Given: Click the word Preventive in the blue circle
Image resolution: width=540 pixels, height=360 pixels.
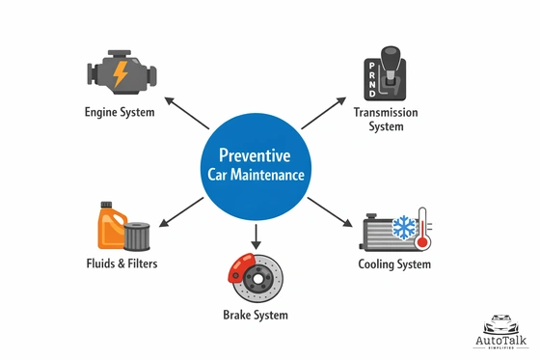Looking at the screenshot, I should click(256, 155).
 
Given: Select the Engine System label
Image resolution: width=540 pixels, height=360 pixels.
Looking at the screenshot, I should click(120, 112).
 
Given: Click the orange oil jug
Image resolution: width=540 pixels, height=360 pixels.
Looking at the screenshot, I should click(110, 227).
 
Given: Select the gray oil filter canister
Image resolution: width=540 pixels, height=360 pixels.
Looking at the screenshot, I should click(139, 235).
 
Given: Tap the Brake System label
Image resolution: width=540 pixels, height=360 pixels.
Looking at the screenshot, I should click(256, 315).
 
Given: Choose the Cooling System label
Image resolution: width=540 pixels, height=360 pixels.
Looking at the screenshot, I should click(394, 264).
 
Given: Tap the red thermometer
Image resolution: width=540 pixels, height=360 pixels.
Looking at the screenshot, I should click(422, 233).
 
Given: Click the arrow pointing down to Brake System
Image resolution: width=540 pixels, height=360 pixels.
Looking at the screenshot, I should click(256, 234).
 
